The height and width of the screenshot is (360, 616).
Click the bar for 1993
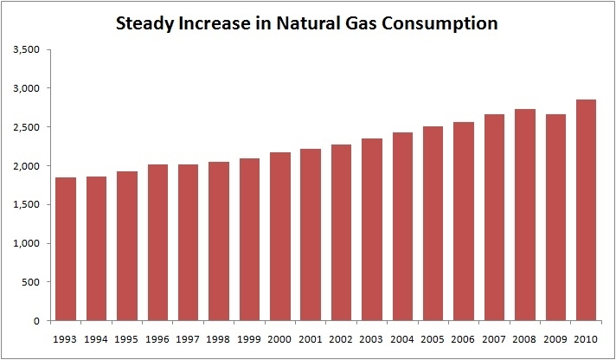point(67,249)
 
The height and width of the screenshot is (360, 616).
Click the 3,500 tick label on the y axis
point(28,49)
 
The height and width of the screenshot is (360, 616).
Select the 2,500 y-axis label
point(28,127)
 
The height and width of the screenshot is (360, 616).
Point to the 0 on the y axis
point(39,321)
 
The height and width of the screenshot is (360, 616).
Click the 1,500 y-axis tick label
point(28,204)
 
